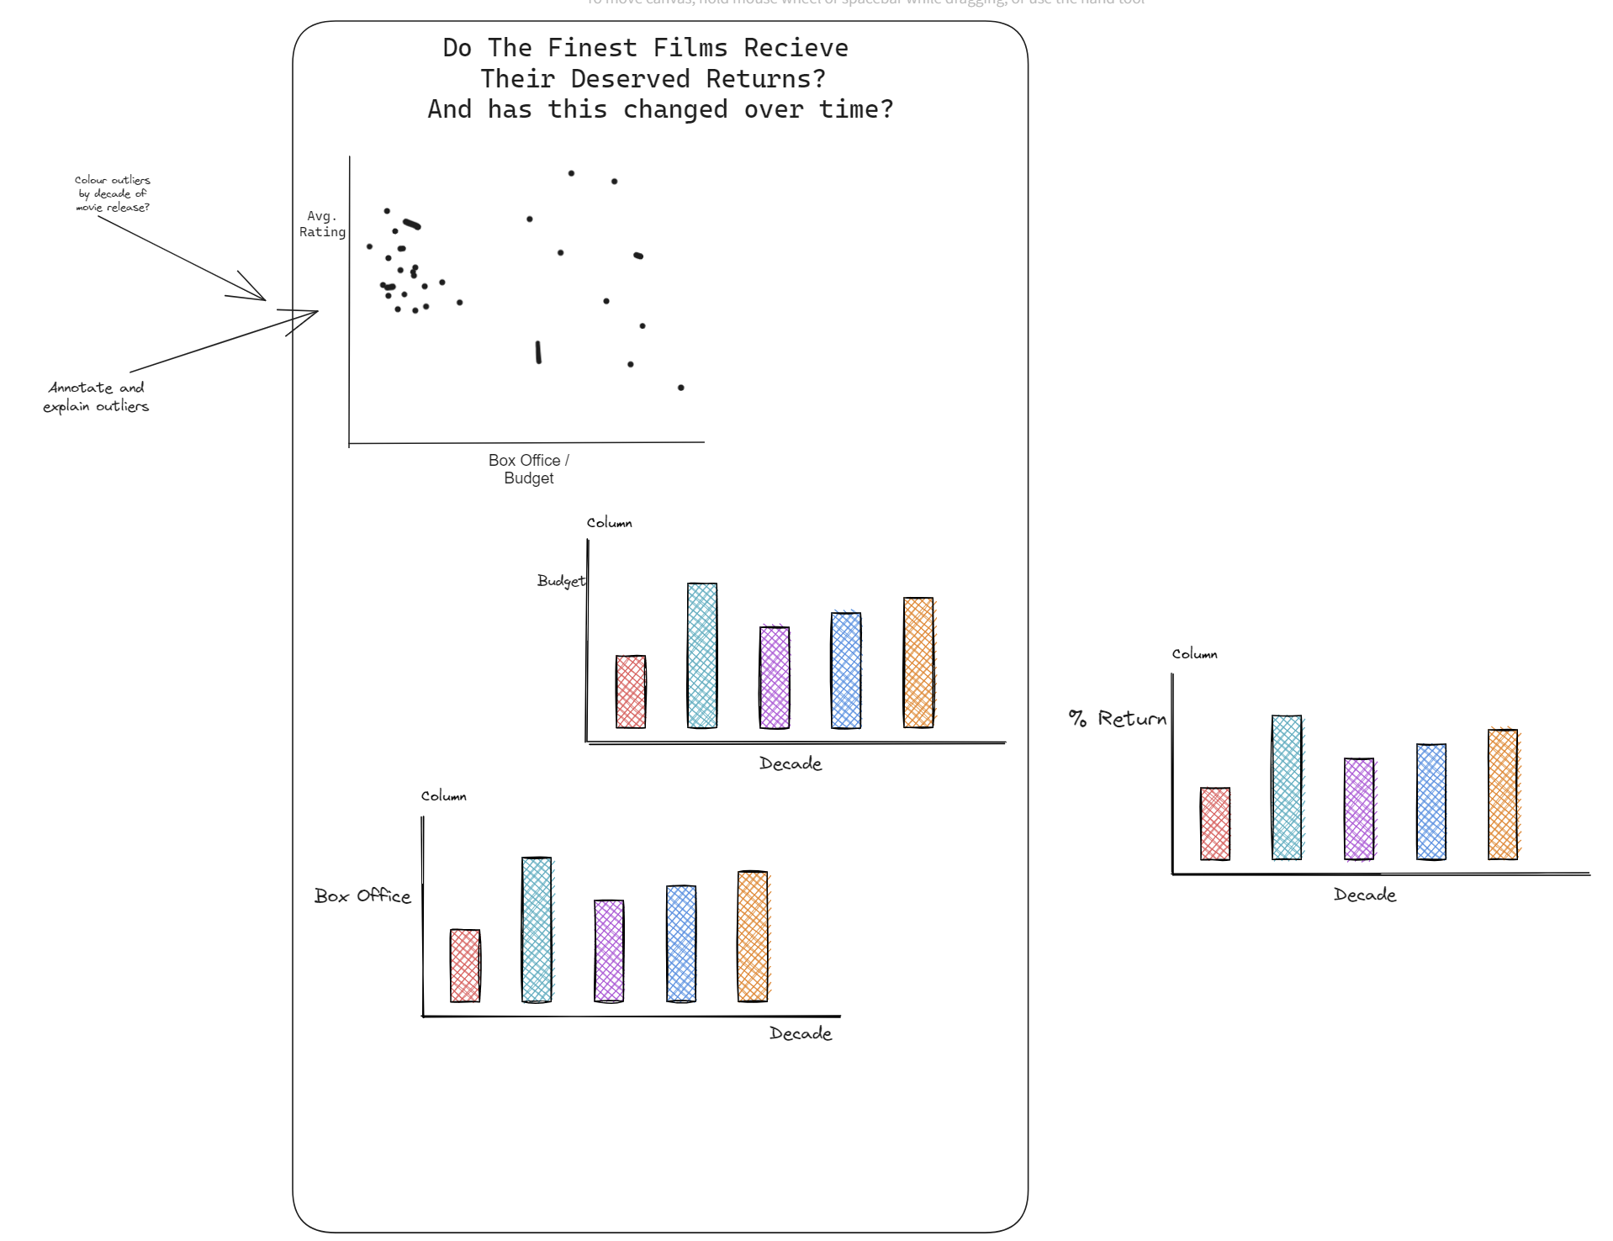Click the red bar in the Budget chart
click(x=631, y=691)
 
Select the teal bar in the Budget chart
click(x=702, y=655)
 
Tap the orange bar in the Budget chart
click(x=918, y=663)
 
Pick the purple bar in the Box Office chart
click(x=609, y=950)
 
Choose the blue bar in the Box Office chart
click(x=681, y=943)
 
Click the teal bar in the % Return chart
click(x=1287, y=787)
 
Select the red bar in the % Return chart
click(x=1215, y=823)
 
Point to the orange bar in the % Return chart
click(x=1503, y=794)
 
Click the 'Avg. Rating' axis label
click(x=322, y=224)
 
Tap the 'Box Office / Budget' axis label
click(x=529, y=469)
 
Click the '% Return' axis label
click(x=1118, y=719)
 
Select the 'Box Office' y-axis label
click(x=362, y=896)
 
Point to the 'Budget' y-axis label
click(x=561, y=581)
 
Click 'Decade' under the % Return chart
click(x=1365, y=895)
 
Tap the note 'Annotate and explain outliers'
click(x=96, y=397)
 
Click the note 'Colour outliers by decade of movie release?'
click(x=113, y=193)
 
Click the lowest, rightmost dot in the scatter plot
click(x=681, y=388)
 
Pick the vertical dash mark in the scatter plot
click(x=538, y=352)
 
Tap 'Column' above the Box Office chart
click(x=444, y=796)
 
